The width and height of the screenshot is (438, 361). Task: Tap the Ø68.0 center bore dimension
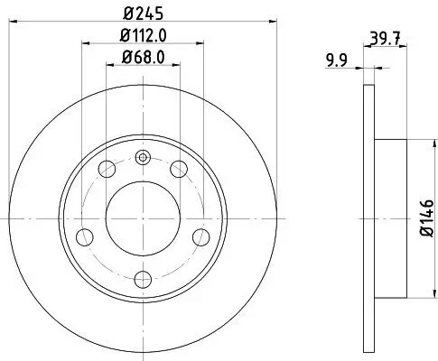tap(142, 60)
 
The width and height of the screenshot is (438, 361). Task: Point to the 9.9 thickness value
tap(336, 61)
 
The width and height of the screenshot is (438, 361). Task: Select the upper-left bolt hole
tap(107, 168)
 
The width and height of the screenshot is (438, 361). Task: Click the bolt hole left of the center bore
tap(86, 236)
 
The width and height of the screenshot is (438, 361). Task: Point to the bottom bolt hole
tap(142, 279)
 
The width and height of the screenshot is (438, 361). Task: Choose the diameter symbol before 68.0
tap(124, 60)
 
